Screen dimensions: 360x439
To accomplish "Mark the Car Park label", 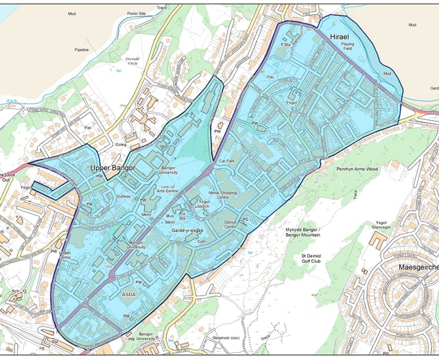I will pyautogui.click(x=226, y=160).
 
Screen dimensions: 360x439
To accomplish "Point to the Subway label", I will pyautogui.click(x=123, y=196).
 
